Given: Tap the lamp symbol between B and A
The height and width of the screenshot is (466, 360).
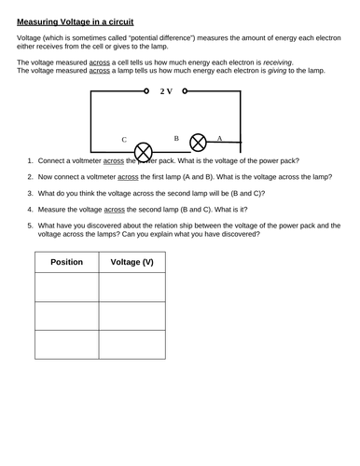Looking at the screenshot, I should click(x=198, y=142).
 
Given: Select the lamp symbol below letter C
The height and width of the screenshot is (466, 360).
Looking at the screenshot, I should click(x=144, y=149).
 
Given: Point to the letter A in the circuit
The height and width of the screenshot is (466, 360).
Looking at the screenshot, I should click(x=219, y=137).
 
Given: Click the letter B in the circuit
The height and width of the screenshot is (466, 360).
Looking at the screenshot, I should click(x=175, y=137).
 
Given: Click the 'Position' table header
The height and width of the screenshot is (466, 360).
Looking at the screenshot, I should click(x=66, y=262).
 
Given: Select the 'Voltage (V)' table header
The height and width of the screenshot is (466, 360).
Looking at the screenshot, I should click(x=132, y=262).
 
